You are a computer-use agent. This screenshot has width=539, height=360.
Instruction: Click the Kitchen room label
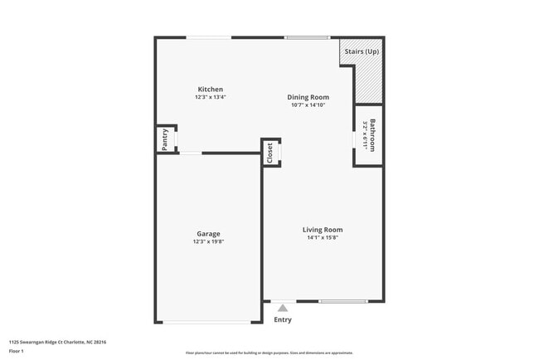pos(210,90)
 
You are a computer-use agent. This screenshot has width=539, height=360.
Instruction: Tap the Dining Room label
pos(308,97)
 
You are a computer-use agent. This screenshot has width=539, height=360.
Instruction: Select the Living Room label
pos(322,230)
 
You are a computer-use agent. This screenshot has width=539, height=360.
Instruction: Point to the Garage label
pos(208,234)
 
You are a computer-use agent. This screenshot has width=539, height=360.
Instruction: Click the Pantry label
pos(165,139)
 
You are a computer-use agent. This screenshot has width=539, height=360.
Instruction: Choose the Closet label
pos(269,152)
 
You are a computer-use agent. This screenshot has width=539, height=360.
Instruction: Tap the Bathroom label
pos(373,135)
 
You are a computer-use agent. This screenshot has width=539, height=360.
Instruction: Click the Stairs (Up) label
pos(362,51)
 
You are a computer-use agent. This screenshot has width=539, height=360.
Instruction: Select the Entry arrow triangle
pos(283,308)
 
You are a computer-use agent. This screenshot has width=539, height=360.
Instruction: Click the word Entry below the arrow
pos(283,319)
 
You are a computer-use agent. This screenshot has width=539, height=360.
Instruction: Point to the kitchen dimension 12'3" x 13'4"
pos(210,97)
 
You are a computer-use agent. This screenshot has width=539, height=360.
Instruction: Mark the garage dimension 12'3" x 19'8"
pos(208,241)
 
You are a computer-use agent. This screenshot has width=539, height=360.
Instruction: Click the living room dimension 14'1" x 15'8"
pos(322,237)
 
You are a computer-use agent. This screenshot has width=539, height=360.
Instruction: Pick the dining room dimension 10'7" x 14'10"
pos(308,105)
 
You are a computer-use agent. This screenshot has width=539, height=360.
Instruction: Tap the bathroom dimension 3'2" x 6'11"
pos(365,135)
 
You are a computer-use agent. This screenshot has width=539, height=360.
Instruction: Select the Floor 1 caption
pos(17,351)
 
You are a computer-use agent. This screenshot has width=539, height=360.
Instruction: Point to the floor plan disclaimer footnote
pos(269,353)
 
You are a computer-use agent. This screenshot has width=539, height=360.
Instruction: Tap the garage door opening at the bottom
pos(208,322)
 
